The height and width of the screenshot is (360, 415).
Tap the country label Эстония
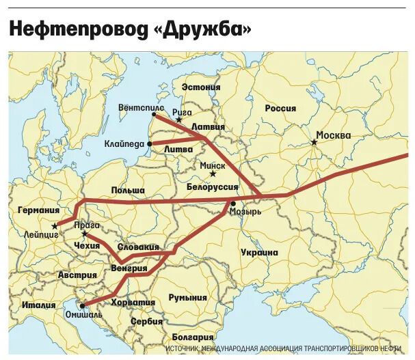202,87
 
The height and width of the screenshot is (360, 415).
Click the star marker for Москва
314,142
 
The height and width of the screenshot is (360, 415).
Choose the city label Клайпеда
125,144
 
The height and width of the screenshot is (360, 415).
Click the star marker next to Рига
179,120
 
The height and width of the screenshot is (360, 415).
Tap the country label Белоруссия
212,186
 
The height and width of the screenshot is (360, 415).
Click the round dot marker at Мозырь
233,204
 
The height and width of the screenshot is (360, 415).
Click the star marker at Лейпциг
54,225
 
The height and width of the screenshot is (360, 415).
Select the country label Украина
259,252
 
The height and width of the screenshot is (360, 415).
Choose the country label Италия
38,305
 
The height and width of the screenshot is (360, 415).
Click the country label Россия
280,108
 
